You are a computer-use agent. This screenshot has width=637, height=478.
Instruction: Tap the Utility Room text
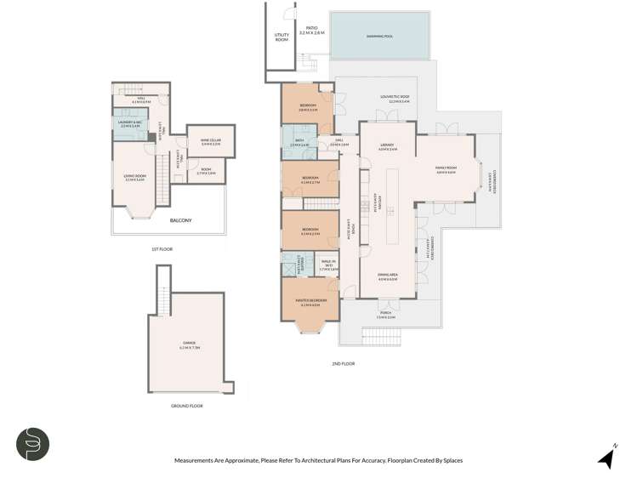pyautogui.click(x=282, y=37)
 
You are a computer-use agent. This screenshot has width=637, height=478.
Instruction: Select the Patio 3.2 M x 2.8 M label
pyautogui.click(x=312, y=30)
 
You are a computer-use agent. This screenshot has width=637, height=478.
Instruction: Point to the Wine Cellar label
pyautogui.click(x=210, y=142)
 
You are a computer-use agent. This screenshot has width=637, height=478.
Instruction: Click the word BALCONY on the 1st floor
pyautogui.click(x=179, y=220)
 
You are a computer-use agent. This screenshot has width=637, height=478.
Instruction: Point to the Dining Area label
pyautogui.click(x=387, y=276)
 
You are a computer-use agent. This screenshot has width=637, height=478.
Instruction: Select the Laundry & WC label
pyautogui.click(x=129, y=125)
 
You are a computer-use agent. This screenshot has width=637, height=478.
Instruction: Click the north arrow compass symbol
pyautogui.click(x=606, y=458)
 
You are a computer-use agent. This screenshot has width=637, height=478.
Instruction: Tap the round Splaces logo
pyautogui.click(x=33, y=444)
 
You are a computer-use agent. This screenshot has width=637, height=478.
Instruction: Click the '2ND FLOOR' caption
pyautogui.click(x=343, y=363)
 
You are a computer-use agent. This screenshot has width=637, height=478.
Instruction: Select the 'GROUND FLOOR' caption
pyautogui.click(x=187, y=406)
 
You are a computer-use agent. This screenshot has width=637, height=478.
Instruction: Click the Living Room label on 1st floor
pyautogui.click(x=134, y=179)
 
